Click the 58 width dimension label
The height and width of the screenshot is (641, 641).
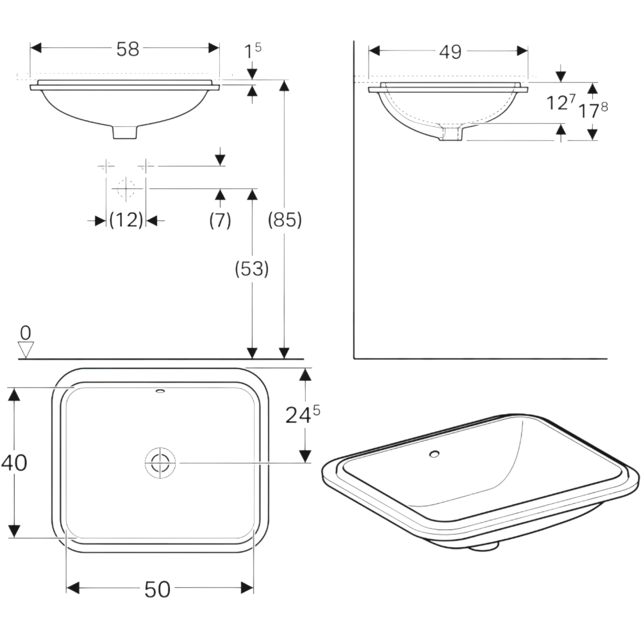click(x=128, y=49)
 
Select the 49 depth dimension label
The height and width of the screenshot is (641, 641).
click(x=451, y=52)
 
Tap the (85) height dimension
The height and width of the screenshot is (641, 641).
click(x=284, y=220)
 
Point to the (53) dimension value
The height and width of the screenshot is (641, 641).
click(x=251, y=269)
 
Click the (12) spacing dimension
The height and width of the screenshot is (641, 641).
click(x=126, y=221)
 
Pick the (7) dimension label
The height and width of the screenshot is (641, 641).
click(x=220, y=221)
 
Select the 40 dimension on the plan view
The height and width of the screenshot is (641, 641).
click(x=14, y=462)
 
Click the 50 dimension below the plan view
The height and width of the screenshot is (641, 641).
click(x=157, y=589)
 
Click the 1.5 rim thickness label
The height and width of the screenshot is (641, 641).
click(x=253, y=50)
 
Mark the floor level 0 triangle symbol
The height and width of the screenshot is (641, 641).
click(x=26, y=349)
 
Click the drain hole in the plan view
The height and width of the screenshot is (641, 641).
click(x=160, y=463)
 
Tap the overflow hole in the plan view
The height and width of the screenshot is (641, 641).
click(x=160, y=390)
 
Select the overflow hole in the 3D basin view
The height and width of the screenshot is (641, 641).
click(x=435, y=454)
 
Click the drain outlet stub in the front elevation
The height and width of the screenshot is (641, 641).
click(x=125, y=131)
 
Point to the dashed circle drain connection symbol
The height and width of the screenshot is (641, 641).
click(x=126, y=188)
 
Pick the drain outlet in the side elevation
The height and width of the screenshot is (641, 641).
click(x=452, y=133)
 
